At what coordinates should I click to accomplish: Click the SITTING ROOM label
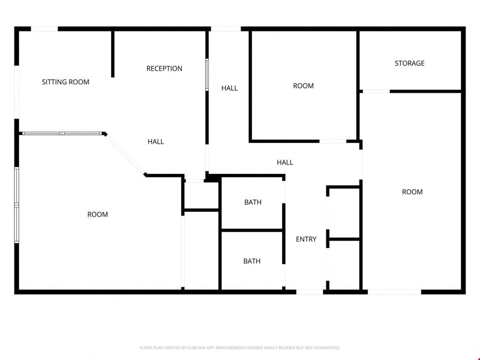tap(66, 82)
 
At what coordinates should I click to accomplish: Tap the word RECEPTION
tap(164, 69)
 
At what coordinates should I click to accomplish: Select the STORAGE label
tap(410, 63)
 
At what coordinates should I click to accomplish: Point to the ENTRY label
tap(306, 239)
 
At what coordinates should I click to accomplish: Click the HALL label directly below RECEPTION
tap(156, 142)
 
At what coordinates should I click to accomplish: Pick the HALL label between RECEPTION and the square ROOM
tap(229, 88)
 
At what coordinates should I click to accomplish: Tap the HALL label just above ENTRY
tap(285, 163)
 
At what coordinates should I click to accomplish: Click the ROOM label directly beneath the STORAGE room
tap(412, 192)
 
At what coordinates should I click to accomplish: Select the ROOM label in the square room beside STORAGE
tap(303, 86)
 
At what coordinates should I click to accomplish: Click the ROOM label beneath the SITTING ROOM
tap(98, 214)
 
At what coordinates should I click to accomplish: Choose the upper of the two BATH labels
tap(253, 202)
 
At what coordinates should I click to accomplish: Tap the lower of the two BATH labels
tap(252, 261)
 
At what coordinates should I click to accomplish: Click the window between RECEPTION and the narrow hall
tap(207, 75)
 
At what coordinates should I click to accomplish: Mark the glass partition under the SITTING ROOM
tap(62, 133)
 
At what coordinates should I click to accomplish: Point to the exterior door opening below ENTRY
tap(309, 292)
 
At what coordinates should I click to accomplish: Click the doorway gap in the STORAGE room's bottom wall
tap(376, 91)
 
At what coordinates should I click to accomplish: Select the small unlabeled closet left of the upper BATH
tap(202, 196)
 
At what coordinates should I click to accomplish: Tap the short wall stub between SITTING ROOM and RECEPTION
tap(113, 54)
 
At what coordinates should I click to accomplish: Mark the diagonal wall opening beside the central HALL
tap(125, 154)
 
